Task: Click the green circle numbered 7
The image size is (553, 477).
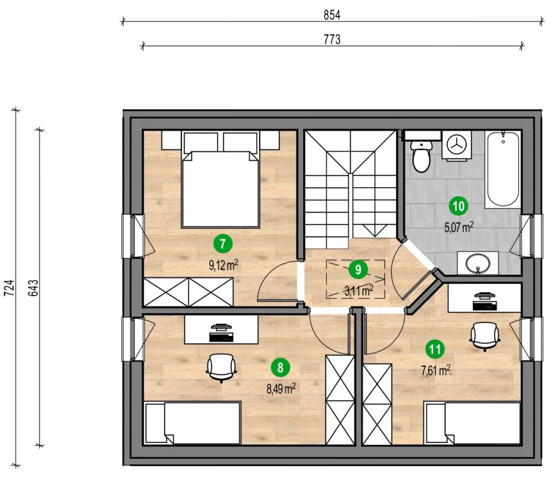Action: click(222, 244)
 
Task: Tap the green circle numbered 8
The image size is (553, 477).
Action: click(280, 368)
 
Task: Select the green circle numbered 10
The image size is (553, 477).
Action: click(458, 206)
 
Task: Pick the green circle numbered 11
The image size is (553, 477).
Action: click(435, 349)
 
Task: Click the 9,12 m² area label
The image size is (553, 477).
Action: click(223, 265)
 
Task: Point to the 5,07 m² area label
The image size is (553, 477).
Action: click(458, 227)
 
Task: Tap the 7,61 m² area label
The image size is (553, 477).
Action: click(436, 370)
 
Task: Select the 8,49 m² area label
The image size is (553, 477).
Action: click(281, 389)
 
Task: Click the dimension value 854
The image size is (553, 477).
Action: click(332, 15)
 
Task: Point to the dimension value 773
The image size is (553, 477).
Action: click(332, 39)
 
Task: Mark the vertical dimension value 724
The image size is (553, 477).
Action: click(9, 288)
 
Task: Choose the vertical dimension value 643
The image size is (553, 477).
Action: click(33, 288)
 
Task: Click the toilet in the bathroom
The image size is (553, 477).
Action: click(421, 156)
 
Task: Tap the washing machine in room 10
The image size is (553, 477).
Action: click(456, 145)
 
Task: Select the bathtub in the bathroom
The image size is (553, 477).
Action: click(503, 169)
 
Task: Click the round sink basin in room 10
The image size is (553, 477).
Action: click(477, 262)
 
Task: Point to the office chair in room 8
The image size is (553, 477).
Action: click(221, 368)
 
